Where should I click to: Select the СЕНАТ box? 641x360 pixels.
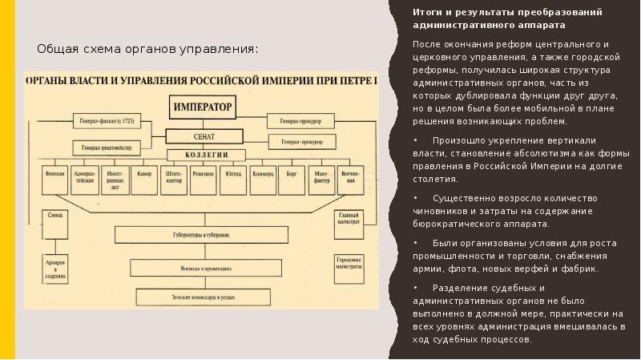point(202,136)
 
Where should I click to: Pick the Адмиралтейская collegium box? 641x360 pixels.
point(83,177)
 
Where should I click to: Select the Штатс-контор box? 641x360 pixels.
point(174,176)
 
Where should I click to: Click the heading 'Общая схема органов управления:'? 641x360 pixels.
point(148,50)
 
